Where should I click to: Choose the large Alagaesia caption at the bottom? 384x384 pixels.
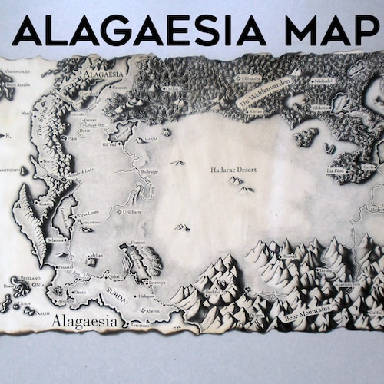click(x=84, y=324)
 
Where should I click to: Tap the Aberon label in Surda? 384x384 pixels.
click(x=154, y=311)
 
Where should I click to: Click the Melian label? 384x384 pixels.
click(x=96, y=255)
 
